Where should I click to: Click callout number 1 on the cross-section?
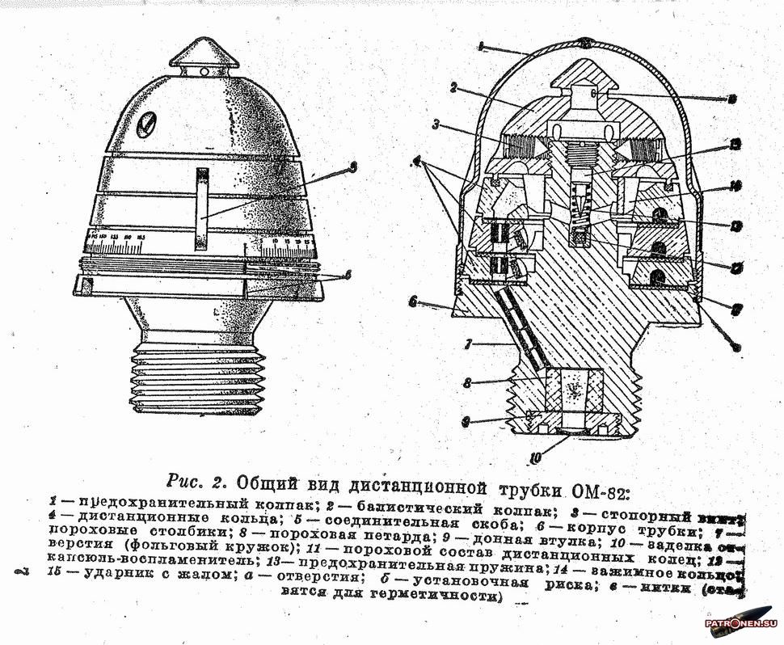480,46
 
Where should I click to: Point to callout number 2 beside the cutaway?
454,86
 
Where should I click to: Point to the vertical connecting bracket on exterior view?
202,210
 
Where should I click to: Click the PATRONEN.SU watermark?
740,623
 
